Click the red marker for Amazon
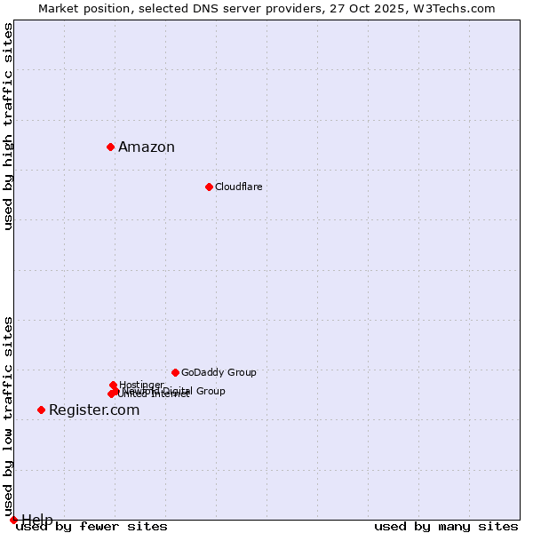110,147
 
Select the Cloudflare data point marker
209,187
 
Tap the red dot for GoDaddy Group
175,372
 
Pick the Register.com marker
41,410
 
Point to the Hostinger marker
113,385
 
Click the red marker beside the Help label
13,520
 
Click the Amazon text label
147,147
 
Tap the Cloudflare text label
238,187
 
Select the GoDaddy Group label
219,372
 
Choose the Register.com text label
94,410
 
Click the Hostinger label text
141,385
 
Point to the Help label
37,520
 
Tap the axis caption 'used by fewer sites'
91,526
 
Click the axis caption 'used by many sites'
446,526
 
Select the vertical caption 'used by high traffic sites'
8,126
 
